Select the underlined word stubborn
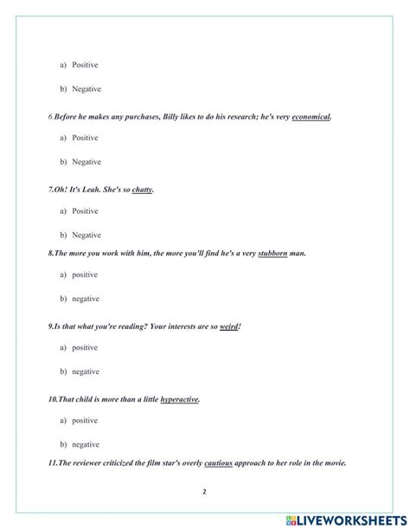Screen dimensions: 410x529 (x=275, y=253)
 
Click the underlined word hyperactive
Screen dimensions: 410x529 (x=179, y=399)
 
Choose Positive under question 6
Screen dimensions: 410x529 (x=85, y=138)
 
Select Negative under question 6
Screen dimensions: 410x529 (x=86, y=162)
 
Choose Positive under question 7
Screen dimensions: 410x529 (x=85, y=210)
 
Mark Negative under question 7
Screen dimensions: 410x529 (x=86, y=235)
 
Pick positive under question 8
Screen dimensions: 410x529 (x=85, y=274)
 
